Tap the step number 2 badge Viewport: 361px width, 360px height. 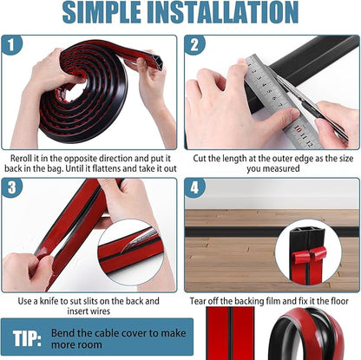(x=194, y=45)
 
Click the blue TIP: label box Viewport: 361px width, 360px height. (x=31, y=337)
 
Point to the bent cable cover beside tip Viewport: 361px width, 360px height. (x=310, y=338)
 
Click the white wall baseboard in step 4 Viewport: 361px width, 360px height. (x=260, y=194)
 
